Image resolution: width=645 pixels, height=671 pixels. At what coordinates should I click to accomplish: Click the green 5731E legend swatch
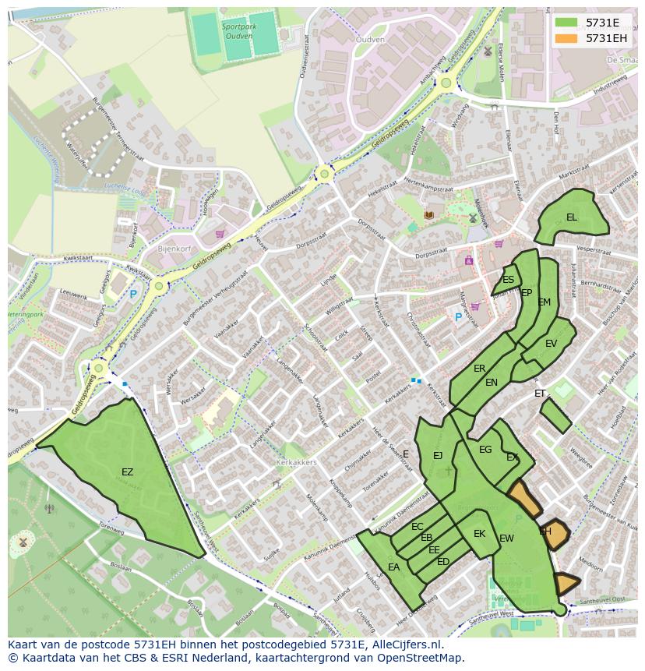[x=567, y=23]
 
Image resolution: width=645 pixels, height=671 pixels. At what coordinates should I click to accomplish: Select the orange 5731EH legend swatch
[x=567, y=38]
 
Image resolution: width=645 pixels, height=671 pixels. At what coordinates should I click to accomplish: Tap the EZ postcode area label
[x=127, y=472]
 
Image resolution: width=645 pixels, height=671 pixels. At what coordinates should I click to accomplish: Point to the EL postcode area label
[x=572, y=217]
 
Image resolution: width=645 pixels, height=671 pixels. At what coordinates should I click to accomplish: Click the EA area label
[x=393, y=567]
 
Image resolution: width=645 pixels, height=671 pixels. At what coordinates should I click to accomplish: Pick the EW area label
[x=506, y=539]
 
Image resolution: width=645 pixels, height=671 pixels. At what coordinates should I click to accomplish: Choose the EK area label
[x=480, y=534]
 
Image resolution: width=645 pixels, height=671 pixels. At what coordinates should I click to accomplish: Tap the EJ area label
[x=438, y=456]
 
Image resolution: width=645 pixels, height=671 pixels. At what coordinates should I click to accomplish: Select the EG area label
[x=485, y=450]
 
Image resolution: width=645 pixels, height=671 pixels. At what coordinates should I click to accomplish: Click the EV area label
[x=552, y=344]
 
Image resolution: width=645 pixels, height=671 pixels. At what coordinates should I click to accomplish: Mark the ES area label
[x=508, y=280]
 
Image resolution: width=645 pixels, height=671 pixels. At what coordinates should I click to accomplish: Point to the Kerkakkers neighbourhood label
[x=296, y=462]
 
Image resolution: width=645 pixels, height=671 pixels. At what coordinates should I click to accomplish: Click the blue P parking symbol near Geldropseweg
[x=133, y=295]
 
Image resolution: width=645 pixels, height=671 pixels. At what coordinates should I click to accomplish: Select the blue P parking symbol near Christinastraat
[x=458, y=317]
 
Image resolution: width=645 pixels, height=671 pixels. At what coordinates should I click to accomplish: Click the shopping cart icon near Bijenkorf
[x=220, y=233]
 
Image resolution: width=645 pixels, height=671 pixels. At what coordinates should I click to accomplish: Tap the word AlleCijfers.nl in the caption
[x=406, y=645]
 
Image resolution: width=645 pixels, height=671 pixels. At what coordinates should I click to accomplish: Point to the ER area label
[x=480, y=369]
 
